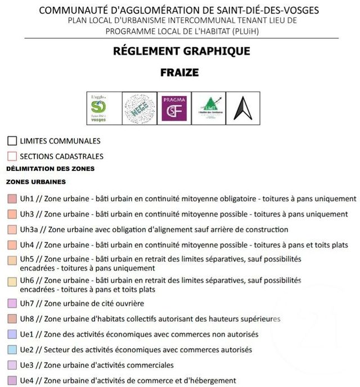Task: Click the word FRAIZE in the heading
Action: [x=179, y=73]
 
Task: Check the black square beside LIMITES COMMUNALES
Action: [x=12, y=141]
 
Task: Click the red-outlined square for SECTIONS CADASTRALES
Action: [x=12, y=156]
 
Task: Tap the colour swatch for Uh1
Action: [x=12, y=199]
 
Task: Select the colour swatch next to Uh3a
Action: [x=12, y=229]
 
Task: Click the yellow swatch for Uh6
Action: [x=12, y=280]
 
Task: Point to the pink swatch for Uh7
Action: [x=12, y=304]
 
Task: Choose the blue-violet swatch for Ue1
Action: [x=12, y=334]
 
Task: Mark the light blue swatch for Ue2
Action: [x=12, y=349]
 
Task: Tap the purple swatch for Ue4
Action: [x=12, y=380]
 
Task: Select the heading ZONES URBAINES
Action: [x=36, y=182]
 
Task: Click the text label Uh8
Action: [x=27, y=319]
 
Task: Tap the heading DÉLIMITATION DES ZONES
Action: [x=50, y=169]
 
